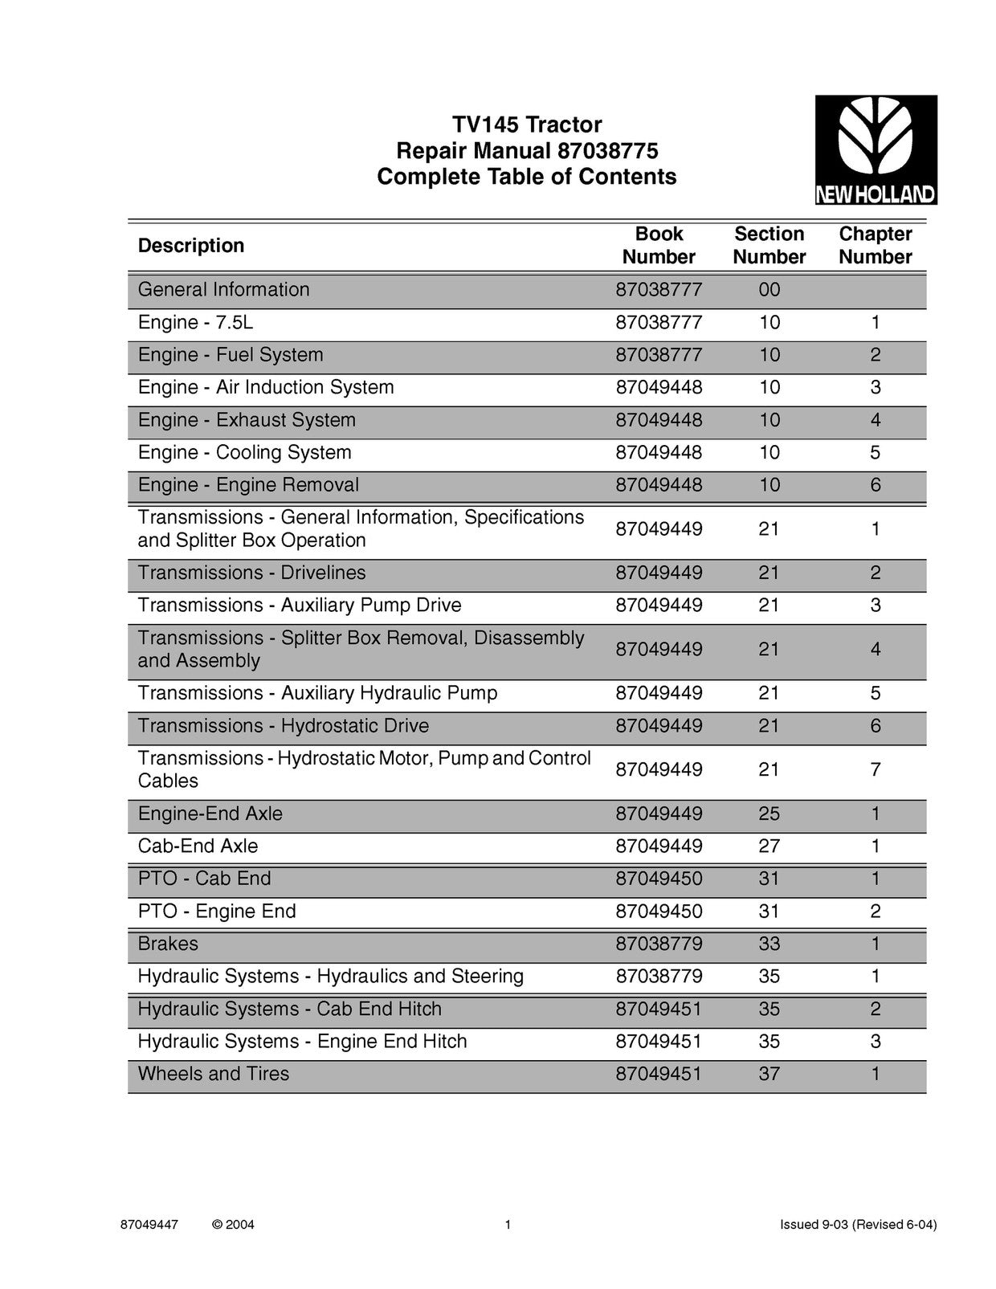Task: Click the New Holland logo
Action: pyautogui.click(x=876, y=149)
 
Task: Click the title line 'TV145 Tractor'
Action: pyautogui.click(x=526, y=124)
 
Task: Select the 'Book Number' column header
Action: pyautogui.click(x=659, y=245)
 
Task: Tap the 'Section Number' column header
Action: pyautogui.click(x=769, y=245)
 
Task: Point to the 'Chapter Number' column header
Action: pyautogui.click(x=875, y=245)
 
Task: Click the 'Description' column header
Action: pyautogui.click(x=191, y=245)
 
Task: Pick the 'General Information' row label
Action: pyautogui.click(x=223, y=290)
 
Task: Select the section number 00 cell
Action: pyautogui.click(x=769, y=290)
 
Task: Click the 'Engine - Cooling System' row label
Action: pyautogui.click(x=244, y=452)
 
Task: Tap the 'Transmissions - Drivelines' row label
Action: pyautogui.click(x=251, y=573)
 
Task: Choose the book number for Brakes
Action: pyautogui.click(x=659, y=944)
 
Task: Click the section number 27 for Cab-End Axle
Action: pyautogui.click(x=769, y=846)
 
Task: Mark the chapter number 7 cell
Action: pyautogui.click(x=875, y=769)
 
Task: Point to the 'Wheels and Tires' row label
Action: pyautogui.click(x=213, y=1074)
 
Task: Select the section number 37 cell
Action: pyautogui.click(x=769, y=1074)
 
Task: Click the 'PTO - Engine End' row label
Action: pyautogui.click(x=217, y=912)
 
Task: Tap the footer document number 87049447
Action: pyautogui.click(x=149, y=1225)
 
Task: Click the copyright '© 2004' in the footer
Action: pyautogui.click(x=233, y=1225)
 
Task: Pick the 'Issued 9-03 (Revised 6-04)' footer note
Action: pyautogui.click(x=858, y=1225)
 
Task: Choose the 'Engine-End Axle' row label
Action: pyautogui.click(x=210, y=814)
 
